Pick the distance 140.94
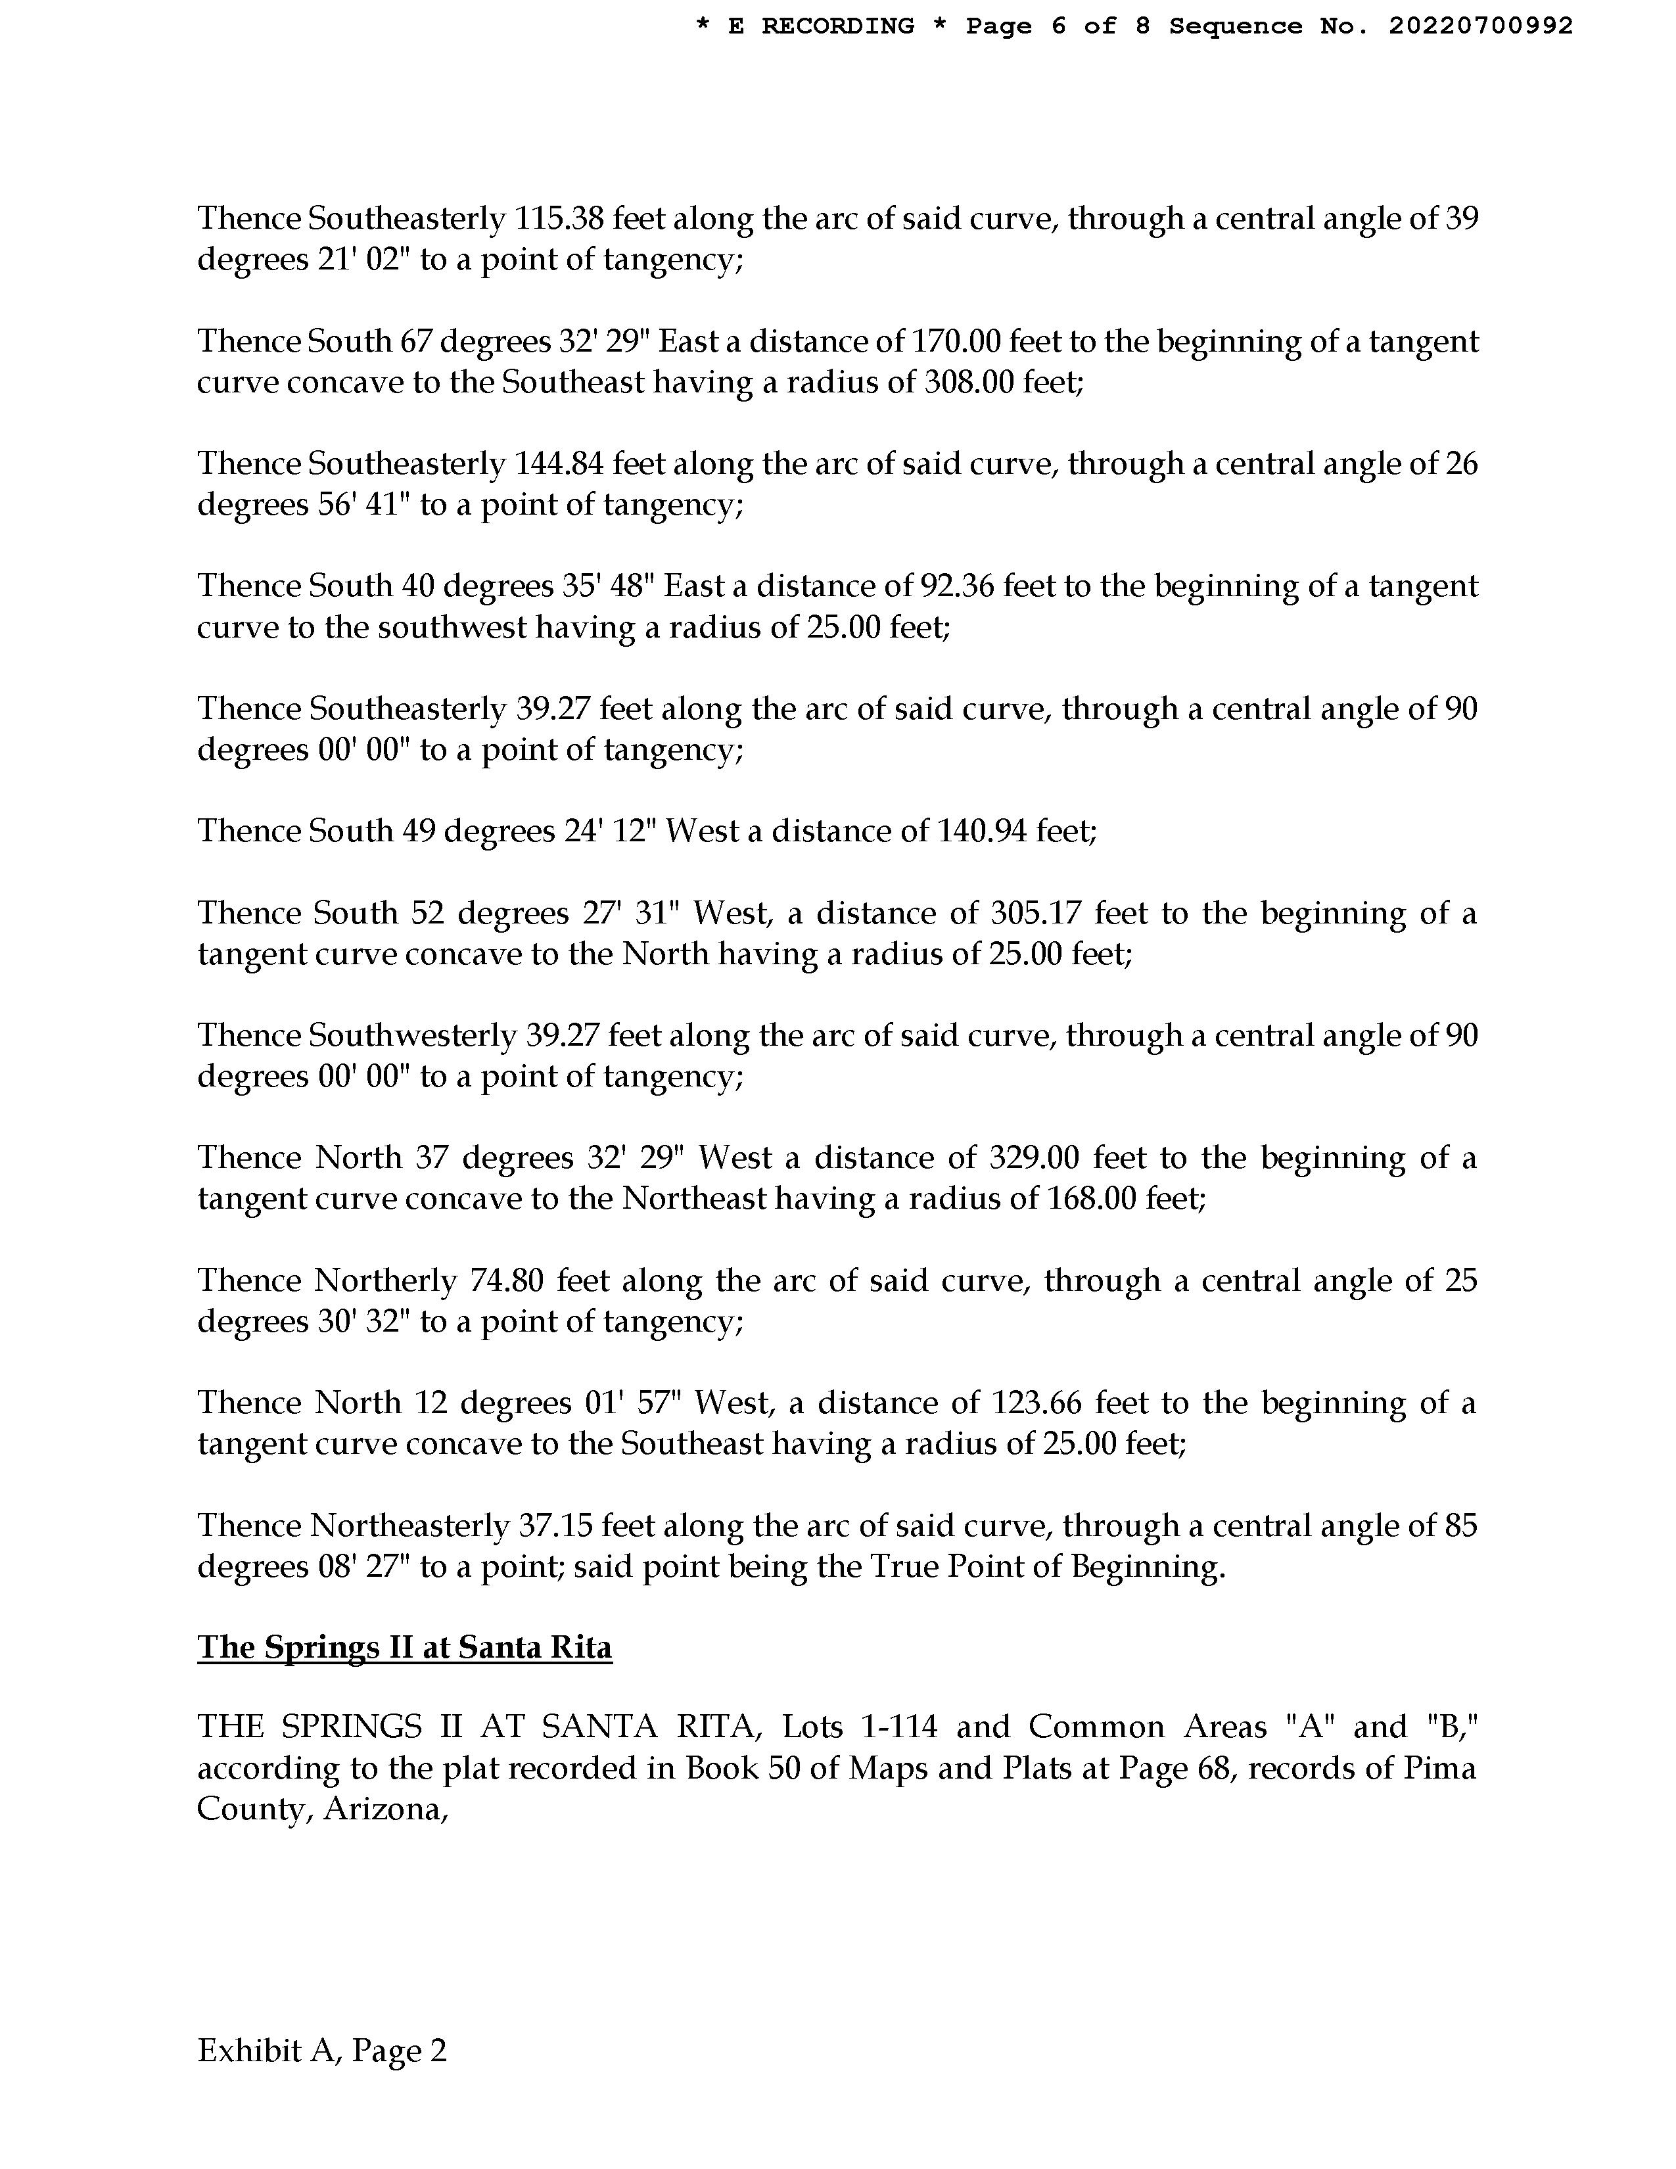pos(981,830)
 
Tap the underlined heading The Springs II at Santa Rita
pos(404,1648)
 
